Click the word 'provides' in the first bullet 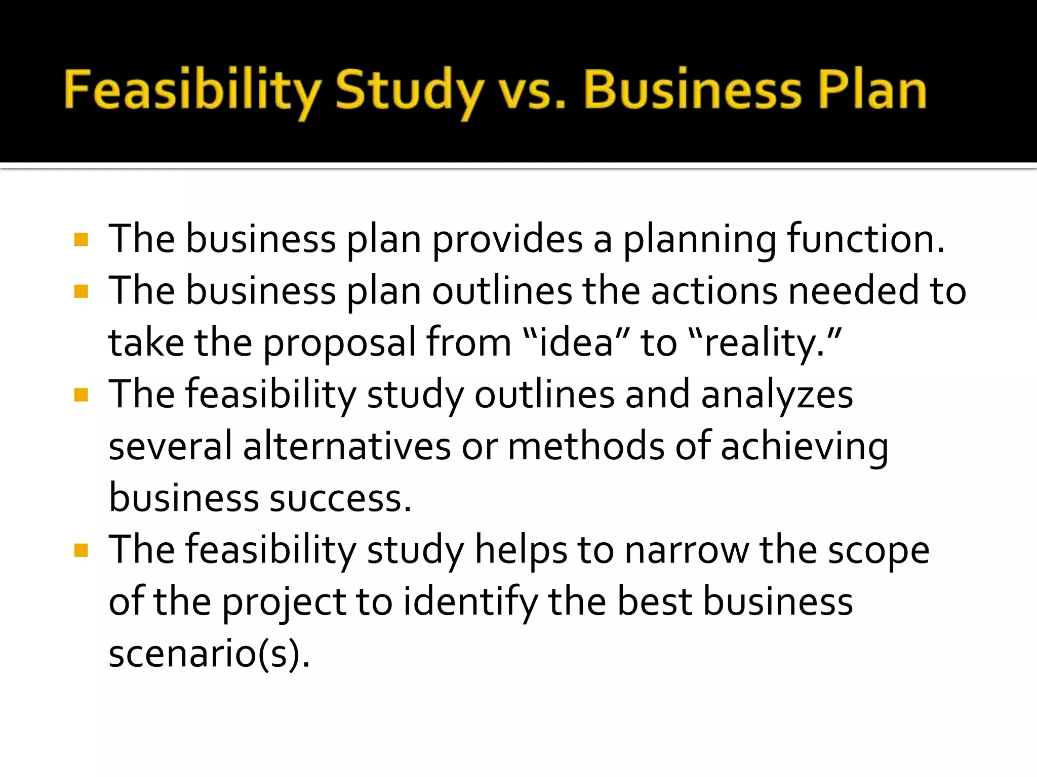pyautogui.click(x=507, y=239)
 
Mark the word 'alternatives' pyautogui.click(x=347, y=446)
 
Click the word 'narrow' pyautogui.click(x=687, y=550)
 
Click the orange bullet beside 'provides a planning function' pyautogui.click(x=81, y=239)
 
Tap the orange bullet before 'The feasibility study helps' pyautogui.click(x=81, y=550)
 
